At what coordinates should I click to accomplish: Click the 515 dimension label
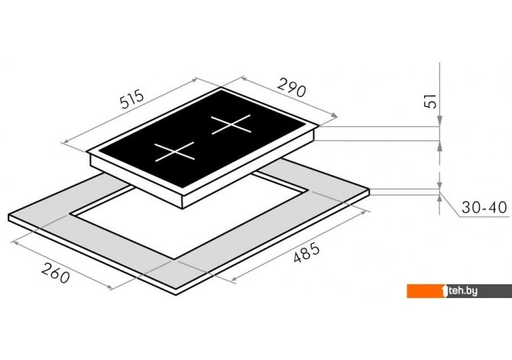(131, 99)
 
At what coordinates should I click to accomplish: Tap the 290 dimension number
(292, 88)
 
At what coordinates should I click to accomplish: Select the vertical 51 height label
(430, 101)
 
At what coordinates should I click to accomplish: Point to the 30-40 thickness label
(484, 207)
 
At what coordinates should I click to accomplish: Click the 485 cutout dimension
(306, 252)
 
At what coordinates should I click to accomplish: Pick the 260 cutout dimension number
(56, 273)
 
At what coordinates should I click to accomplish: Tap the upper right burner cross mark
(232, 125)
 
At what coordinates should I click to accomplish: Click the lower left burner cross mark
(175, 152)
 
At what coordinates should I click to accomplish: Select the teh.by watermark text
(463, 290)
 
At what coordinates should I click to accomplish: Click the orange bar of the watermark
(424, 291)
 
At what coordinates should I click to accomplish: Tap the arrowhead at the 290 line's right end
(334, 115)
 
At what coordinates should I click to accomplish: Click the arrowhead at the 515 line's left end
(65, 141)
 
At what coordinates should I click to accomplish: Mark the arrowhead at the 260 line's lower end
(110, 287)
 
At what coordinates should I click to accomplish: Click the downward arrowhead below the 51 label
(440, 121)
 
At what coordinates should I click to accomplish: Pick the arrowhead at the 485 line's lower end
(234, 279)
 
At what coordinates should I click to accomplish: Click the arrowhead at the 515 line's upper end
(194, 80)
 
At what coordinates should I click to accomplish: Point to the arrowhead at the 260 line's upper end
(15, 243)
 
